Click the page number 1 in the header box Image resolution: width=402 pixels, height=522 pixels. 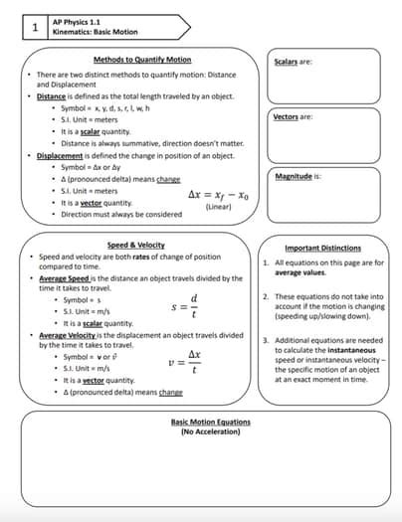click(35, 27)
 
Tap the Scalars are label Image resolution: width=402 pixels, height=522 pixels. click(293, 62)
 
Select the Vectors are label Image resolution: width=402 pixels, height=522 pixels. click(293, 117)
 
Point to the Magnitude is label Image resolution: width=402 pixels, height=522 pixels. click(298, 176)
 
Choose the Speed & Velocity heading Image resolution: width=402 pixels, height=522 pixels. click(136, 245)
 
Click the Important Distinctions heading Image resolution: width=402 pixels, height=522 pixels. click(322, 248)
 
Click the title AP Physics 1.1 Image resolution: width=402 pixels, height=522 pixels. click(76, 21)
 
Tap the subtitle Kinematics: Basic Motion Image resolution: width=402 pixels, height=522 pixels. click(96, 32)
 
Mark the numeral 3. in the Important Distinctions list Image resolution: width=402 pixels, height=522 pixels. click(266, 340)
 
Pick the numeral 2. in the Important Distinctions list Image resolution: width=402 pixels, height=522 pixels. click(266, 296)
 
